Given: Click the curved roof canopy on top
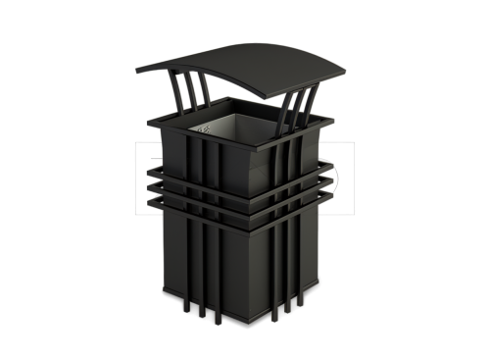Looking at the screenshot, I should [245, 59].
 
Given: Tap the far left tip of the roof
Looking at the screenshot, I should [137, 70].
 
